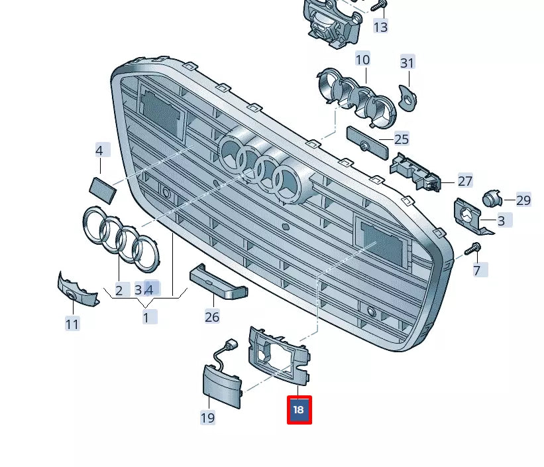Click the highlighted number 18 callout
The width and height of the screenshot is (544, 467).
point(299,410)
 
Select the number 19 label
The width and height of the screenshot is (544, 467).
point(207,417)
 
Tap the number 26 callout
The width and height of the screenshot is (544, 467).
point(212,316)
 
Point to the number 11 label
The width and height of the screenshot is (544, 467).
point(72,324)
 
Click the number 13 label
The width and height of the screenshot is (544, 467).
point(380,27)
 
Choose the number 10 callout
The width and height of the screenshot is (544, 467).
point(362,60)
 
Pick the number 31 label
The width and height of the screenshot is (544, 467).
point(407,63)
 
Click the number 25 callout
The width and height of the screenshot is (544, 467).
point(402,139)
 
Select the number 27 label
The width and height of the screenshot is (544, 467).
point(465,181)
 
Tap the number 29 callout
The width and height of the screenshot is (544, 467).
point(523,200)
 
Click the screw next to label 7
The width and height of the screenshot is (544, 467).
point(472,249)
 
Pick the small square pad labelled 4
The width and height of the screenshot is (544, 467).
point(103,188)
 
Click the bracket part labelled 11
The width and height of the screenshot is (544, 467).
point(75,290)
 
